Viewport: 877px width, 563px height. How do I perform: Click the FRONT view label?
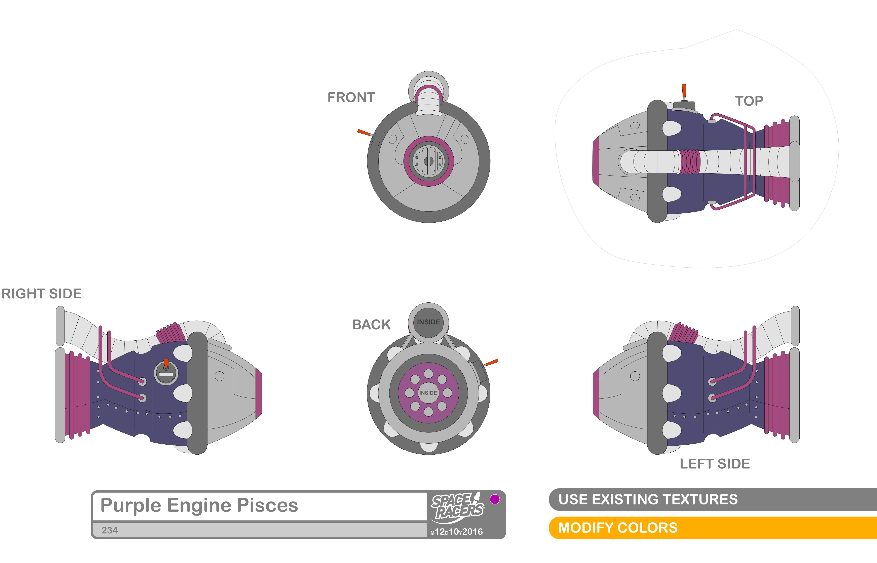tap(351, 98)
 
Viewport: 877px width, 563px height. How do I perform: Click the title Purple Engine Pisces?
tap(199, 506)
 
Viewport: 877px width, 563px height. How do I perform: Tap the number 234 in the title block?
tap(109, 530)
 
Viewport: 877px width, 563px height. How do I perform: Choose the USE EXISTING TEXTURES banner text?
tap(648, 499)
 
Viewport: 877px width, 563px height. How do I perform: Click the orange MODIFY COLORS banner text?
tap(618, 528)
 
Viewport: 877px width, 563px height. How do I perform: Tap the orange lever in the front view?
tap(364, 132)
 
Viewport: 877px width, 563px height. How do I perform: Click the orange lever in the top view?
tap(684, 91)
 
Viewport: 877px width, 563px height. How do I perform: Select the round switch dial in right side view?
tap(166, 373)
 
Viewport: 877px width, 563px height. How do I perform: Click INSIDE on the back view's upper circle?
tap(428, 322)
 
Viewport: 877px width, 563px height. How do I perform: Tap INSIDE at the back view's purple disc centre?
tap(428, 393)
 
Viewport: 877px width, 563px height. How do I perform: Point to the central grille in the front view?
tap(428, 161)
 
